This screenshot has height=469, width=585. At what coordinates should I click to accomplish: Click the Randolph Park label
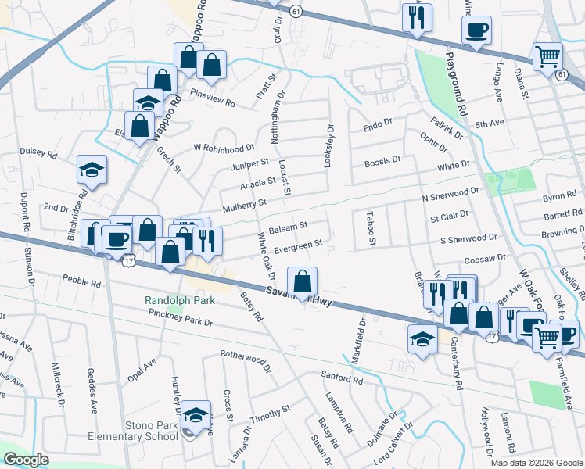178,300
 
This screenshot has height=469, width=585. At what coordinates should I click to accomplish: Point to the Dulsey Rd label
39,155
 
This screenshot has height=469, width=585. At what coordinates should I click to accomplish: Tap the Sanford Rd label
342,379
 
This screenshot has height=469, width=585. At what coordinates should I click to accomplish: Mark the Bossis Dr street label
382,160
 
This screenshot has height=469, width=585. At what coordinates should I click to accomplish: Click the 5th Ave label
490,124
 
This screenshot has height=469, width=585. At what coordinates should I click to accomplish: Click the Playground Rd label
456,85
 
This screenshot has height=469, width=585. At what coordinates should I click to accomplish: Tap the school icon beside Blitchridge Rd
92,170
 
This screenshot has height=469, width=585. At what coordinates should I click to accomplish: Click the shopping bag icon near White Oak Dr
302,281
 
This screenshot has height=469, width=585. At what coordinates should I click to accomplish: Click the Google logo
27,460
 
